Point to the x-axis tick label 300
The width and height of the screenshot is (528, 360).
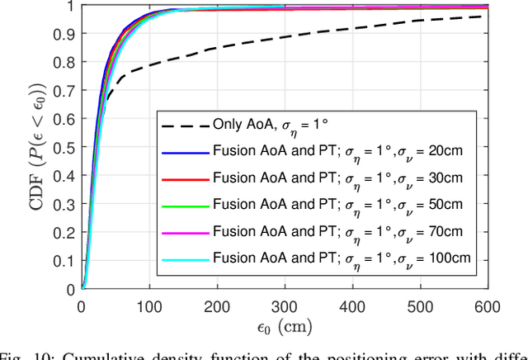[285, 306]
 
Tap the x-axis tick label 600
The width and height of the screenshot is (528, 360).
[488, 306]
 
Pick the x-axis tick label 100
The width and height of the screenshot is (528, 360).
[149, 306]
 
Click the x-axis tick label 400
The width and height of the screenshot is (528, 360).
[352, 306]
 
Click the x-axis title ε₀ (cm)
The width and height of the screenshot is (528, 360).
[285, 328]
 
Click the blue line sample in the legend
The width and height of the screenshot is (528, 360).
[184, 152]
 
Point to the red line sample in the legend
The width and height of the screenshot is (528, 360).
[184, 178]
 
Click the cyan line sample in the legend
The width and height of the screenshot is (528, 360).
[184, 258]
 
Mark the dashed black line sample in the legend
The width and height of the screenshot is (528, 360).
[184, 126]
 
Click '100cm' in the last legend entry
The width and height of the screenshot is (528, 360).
[451, 258]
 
